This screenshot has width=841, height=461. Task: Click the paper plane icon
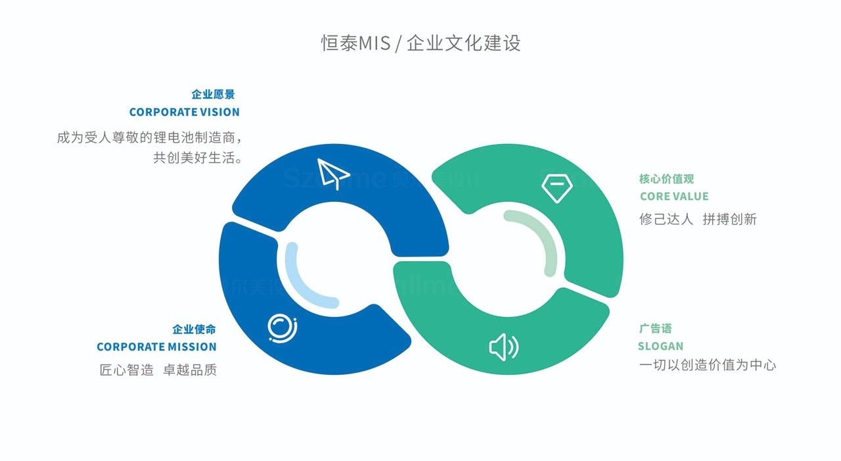(332, 173)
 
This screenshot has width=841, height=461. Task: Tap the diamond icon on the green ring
(557, 187)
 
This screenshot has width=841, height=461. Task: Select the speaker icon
(503, 347)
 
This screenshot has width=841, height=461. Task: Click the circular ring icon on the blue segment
(283, 328)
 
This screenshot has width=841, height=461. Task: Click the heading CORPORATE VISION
(184, 112)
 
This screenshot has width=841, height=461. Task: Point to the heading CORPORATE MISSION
(156, 347)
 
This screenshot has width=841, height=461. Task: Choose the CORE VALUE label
(674, 196)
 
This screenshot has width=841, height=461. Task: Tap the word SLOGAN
(660, 346)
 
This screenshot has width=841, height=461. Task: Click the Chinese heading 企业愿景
(213, 95)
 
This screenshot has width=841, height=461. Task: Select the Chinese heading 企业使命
(194, 329)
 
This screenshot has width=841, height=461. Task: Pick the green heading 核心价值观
(666, 179)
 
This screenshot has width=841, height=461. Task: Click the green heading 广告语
(655, 329)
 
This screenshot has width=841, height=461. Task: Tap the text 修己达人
(666, 219)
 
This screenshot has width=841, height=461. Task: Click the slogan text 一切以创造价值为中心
(708, 365)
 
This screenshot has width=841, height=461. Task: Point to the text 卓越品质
(190, 370)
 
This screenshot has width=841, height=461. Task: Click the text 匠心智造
(127, 370)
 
